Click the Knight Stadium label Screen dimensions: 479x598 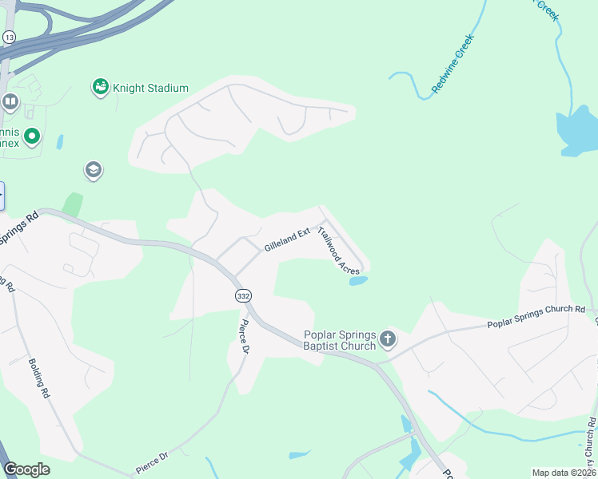click(150, 88)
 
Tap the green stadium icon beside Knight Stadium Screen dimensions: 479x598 click(100, 87)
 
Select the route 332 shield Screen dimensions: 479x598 click(243, 295)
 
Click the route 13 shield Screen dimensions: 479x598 click(10, 37)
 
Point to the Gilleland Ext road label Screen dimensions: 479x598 click(286, 240)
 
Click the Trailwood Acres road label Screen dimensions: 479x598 click(338, 251)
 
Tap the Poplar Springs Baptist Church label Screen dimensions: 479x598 click(339, 340)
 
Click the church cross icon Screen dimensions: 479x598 click(388, 339)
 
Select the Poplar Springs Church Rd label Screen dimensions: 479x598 click(536, 317)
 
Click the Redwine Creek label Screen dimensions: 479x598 click(453, 64)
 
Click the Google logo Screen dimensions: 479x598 click(26, 469)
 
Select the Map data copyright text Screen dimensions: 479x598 click(563, 473)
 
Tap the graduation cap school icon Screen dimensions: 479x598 click(94, 170)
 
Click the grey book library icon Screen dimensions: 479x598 click(10, 102)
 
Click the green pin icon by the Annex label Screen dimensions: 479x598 click(32, 137)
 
